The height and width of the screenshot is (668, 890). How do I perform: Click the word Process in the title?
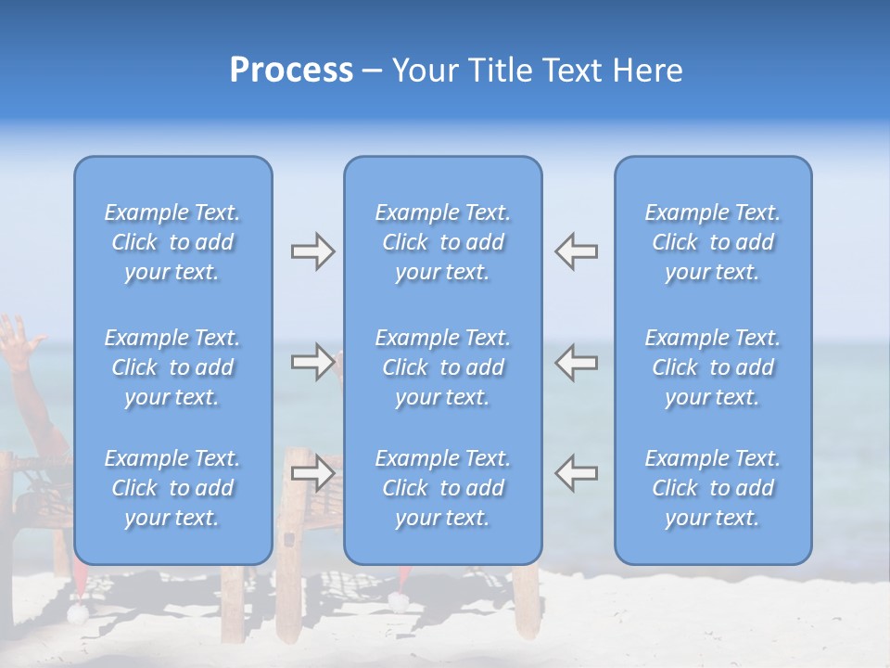(291, 71)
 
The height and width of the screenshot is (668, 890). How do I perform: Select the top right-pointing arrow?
(312, 251)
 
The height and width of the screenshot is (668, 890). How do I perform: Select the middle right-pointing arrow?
(312, 362)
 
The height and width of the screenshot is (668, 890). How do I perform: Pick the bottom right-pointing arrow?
(312, 473)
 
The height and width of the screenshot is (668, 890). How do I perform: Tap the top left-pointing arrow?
(576, 251)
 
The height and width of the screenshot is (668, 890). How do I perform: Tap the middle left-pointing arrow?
(576, 362)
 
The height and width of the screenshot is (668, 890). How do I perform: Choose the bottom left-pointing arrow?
(576, 473)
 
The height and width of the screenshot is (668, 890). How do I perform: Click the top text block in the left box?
(172, 242)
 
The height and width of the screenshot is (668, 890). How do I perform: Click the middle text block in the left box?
(172, 367)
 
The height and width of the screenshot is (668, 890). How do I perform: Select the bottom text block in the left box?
(172, 488)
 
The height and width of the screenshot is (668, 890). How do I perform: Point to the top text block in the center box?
(443, 242)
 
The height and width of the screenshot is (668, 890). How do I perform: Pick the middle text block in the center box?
(443, 367)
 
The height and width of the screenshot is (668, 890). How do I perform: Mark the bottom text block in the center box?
(443, 488)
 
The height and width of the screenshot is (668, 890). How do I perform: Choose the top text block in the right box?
(713, 242)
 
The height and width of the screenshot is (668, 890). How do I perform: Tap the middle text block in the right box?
(713, 367)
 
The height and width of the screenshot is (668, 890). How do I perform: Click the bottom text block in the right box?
(713, 488)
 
